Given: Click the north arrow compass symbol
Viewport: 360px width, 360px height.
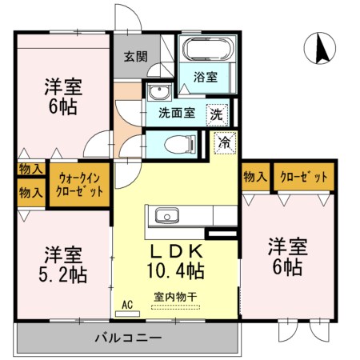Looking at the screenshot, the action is [x=320, y=48].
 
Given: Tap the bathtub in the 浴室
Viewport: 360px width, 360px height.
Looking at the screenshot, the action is [x=208, y=49].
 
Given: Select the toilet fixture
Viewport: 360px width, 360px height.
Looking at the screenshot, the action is [x=180, y=145].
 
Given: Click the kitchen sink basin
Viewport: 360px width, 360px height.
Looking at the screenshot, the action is [x=167, y=215].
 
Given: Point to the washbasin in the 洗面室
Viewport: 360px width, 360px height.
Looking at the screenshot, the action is [x=160, y=91].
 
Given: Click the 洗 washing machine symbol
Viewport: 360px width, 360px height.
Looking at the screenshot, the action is [x=218, y=115].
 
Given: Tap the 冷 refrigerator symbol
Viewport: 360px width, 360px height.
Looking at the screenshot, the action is [x=226, y=143].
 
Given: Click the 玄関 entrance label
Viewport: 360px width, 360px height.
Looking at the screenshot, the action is [x=135, y=57].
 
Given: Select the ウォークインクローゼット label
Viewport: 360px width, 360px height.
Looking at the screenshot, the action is [x=80, y=185].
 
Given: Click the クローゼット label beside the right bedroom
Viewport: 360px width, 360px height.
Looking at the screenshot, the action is [x=304, y=177].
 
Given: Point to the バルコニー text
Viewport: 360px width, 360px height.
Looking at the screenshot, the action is [x=128, y=338].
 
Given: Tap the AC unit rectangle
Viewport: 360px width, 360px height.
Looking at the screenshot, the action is [x=127, y=314].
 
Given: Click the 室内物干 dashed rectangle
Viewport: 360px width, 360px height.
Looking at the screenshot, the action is [x=175, y=307].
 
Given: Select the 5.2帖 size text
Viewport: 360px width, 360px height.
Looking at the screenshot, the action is [x=63, y=275].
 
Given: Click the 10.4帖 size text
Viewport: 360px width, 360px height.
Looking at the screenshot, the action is [x=176, y=270].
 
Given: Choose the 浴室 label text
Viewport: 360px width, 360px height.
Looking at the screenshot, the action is [x=206, y=77].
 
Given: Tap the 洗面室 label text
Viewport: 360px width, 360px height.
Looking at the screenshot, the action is [x=177, y=113].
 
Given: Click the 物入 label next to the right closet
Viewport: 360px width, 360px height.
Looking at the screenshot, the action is [x=255, y=177].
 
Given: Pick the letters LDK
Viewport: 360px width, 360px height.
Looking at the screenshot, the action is [x=176, y=251].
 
